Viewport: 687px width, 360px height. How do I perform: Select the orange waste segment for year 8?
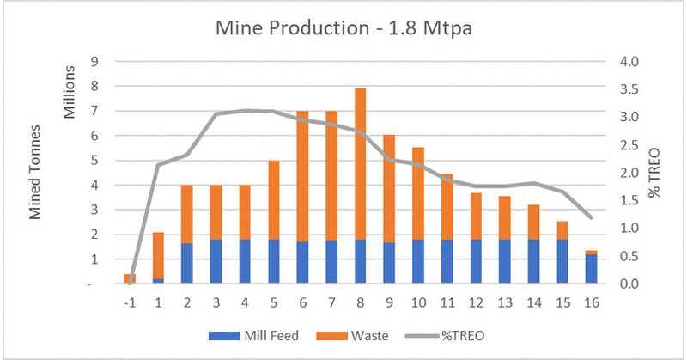click(361, 163)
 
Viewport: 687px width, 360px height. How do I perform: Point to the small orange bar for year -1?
click(128, 278)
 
